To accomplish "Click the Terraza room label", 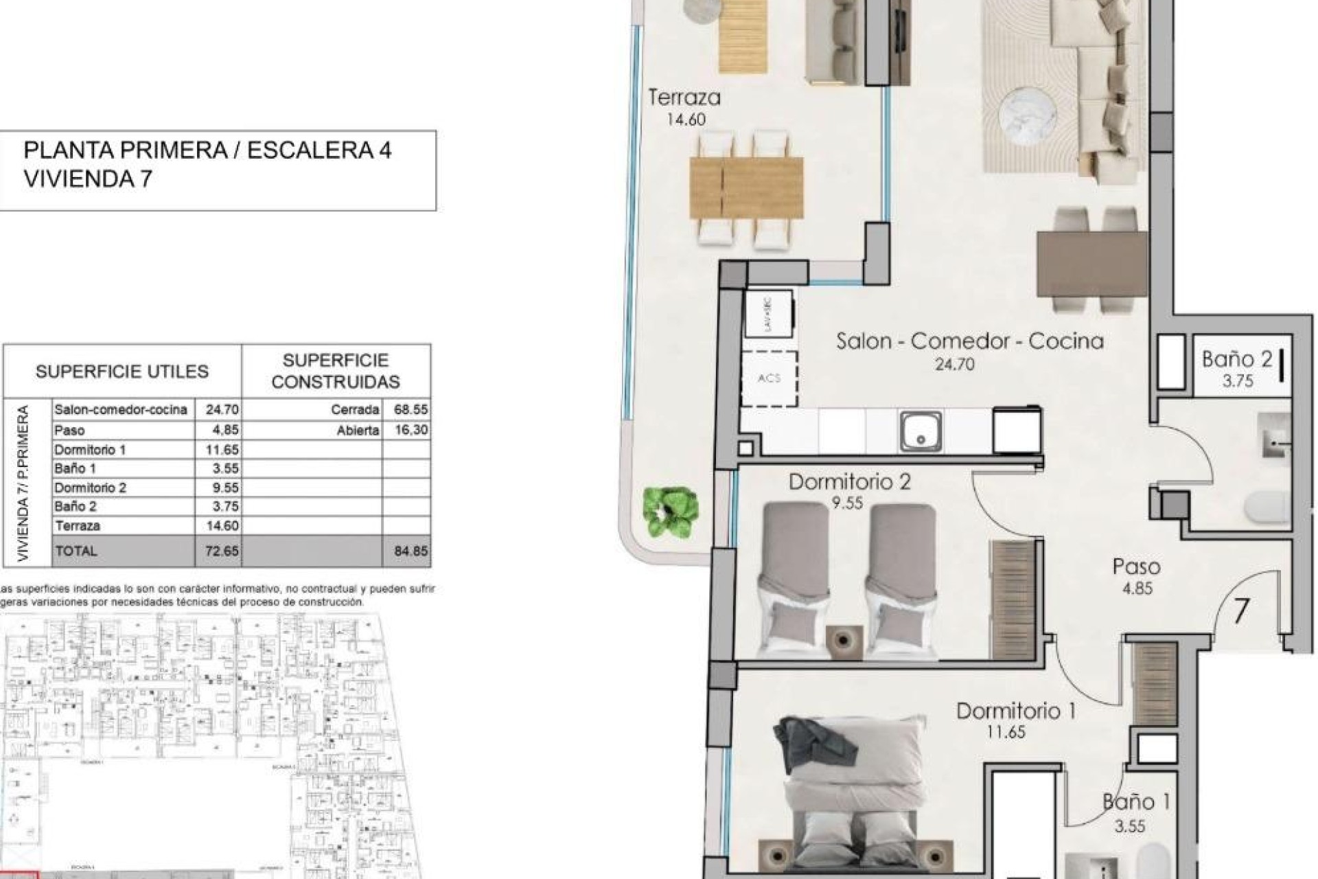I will coord(684,98).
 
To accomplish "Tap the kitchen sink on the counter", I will coord(921,431).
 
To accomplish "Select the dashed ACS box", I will coord(769,378).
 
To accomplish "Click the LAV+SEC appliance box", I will coord(769,314).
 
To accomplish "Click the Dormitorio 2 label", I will coord(849,482).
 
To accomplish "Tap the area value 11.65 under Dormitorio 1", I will coord(1006,732).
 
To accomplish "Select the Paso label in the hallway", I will coord(1136,567).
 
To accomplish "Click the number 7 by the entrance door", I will coord(1240,611).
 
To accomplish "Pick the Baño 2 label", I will coord(1236,358).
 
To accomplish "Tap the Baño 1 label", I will coord(1136,801).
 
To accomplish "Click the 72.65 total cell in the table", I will coord(221,551).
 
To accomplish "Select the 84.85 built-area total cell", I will coord(410,551).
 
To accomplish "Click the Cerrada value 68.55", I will coord(410,409).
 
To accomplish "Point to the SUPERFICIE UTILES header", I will coord(122,372).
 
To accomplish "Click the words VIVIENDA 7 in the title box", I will coord(87,179).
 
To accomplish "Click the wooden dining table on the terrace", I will coord(746,187).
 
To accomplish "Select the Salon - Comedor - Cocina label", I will coord(969,341).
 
